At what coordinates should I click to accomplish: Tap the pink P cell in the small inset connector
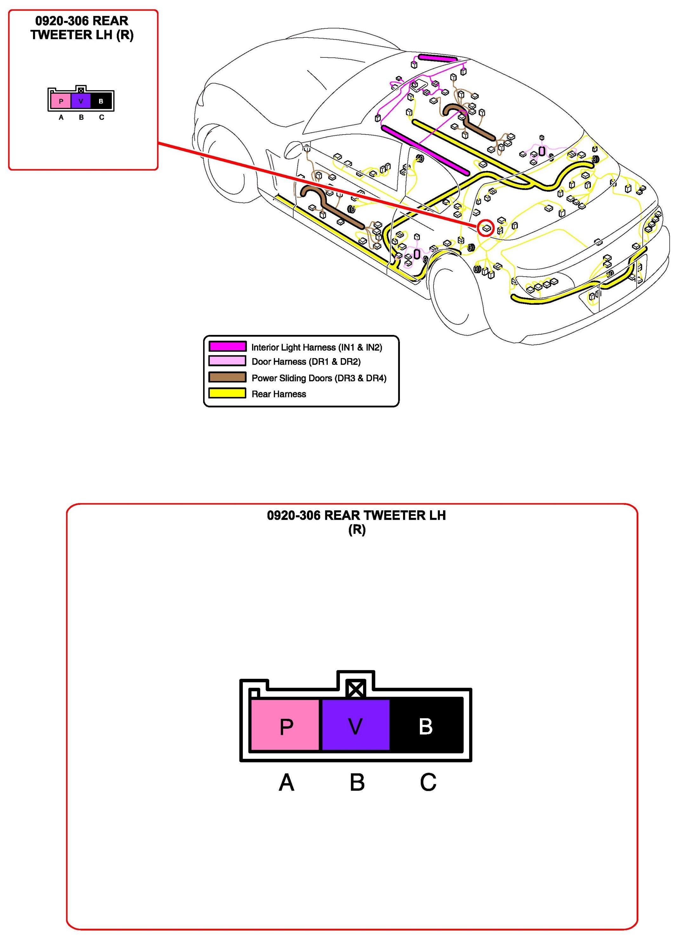(x=61, y=101)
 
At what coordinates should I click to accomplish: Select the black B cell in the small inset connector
(x=101, y=101)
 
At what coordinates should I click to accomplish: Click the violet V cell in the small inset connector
(x=81, y=101)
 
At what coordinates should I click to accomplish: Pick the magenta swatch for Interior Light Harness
(x=227, y=346)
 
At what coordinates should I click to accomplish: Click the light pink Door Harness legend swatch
(x=227, y=361)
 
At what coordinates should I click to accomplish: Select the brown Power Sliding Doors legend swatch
(x=227, y=377)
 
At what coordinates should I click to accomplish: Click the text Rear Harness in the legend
(x=279, y=394)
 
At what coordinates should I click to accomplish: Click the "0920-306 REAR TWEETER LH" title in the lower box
(x=356, y=515)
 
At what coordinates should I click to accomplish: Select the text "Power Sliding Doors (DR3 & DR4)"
(x=319, y=378)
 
